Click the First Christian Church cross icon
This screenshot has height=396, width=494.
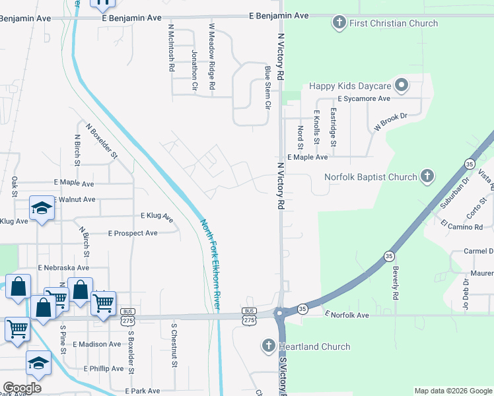339,24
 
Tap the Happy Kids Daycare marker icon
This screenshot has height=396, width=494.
401,86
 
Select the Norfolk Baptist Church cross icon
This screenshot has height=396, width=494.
427,177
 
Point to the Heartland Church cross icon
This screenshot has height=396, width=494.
268,346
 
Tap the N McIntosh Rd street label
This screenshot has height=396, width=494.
171,48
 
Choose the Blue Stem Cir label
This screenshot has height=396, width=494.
267,86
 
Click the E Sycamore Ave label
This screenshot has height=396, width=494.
367,98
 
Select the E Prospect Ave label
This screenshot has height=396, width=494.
133,233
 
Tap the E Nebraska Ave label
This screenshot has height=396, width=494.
63,268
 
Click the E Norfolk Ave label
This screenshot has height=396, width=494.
346,315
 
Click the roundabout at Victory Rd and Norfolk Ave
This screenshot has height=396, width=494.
281,314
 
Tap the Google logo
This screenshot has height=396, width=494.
22,388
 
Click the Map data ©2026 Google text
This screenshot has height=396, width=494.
452,391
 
